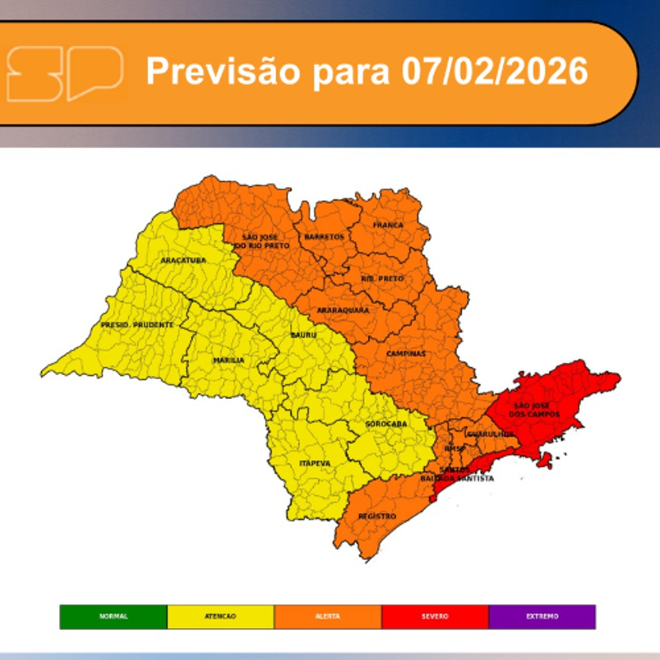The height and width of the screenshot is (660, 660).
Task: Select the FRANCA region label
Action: (x=388, y=225)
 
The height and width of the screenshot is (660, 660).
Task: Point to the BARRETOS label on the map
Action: (x=324, y=237)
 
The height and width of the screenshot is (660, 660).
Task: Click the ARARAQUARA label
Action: (x=343, y=310)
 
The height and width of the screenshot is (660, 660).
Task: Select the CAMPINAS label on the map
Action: (x=406, y=354)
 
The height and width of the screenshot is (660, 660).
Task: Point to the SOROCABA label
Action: (x=386, y=424)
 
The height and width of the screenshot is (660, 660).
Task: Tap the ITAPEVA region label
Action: (x=315, y=464)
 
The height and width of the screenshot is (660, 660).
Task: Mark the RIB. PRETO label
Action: (x=382, y=279)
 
